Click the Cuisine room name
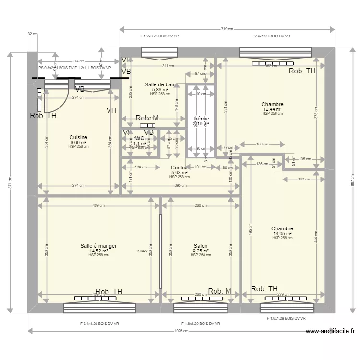(78, 137)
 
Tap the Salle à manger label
(98, 246)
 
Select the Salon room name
(201, 246)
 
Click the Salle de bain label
(160, 84)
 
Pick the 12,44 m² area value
(272, 109)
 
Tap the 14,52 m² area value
(98, 251)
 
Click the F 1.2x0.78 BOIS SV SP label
(159, 36)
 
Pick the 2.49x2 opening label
(142, 251)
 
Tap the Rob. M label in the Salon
(219, 291)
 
